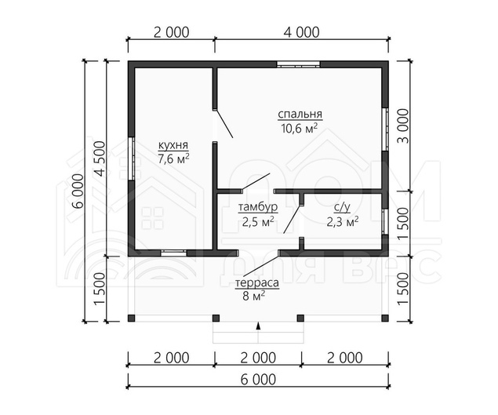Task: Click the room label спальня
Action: coord(300,114)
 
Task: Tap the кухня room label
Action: coord(173,145)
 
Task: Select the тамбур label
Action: coord(258,207)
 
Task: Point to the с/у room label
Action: coord(342,207)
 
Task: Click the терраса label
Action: coord(257,282)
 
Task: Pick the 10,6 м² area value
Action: coord(299,129)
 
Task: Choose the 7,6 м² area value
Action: coord(173,158)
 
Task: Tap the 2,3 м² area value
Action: coord(343,221)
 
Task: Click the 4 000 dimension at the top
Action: coord(301,32)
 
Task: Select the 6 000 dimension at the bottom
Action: coord(258,380)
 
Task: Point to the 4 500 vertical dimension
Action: coord(100,158)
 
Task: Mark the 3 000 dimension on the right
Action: coord(403,126)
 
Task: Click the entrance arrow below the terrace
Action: coord(259,326)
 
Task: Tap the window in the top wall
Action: coord(298,64)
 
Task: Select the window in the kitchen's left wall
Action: coord(132,158)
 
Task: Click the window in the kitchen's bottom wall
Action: coord(173,253)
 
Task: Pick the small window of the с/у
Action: coord(385,222)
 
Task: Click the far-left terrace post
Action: coord(132,318)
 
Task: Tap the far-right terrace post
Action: coord(385,318)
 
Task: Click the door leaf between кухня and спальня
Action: coord(224,124)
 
